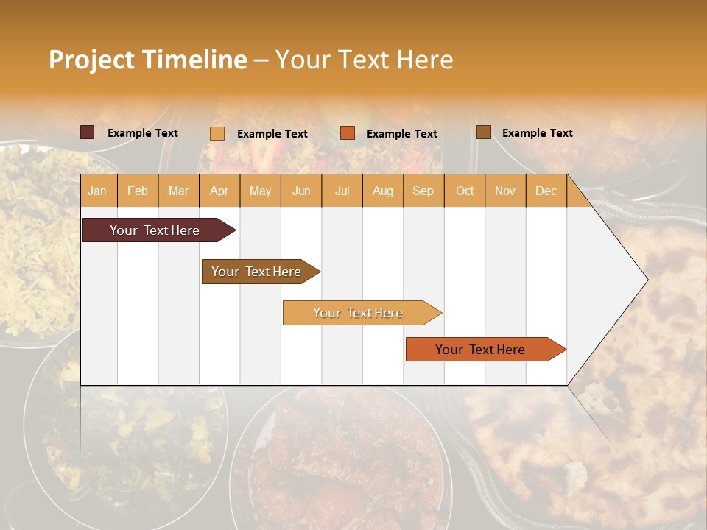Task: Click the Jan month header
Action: [97, 191]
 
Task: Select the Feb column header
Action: [138, 191]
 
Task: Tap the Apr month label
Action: [219, 191]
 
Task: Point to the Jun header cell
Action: [301, 191]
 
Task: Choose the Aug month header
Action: [382, 191]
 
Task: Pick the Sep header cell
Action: [423, 191]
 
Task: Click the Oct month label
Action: [465, 191]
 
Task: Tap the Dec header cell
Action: [546, 191]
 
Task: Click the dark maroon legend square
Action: [88, 132]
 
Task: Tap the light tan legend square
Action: [217, 133]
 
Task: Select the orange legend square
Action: [348, 133]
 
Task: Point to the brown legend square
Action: [484, 132]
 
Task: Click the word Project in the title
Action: [91, 60]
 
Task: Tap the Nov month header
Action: [504, 191]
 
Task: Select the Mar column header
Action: [178, 191]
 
